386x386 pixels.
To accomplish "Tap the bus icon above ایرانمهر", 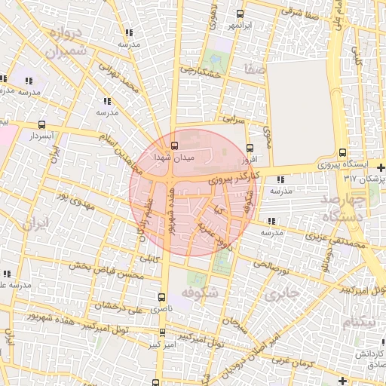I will click(x=240, y=14).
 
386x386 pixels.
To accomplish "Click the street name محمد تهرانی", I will click(x=125, y=83).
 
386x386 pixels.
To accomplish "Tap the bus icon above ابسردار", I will click(x=41, y=125).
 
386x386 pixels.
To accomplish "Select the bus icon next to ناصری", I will click(x=161, y=297).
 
